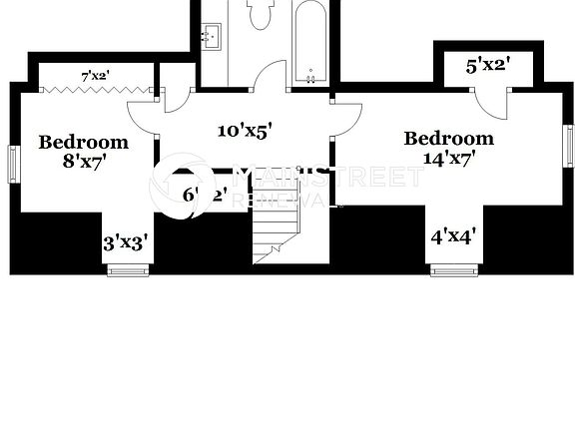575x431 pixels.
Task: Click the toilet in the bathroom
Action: pos(262,12)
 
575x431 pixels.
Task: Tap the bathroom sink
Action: pos(212,38)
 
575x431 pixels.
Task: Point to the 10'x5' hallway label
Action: pos(245,129)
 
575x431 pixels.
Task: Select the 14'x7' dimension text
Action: pos(448,158)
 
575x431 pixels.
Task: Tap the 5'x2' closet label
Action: pos(488,66)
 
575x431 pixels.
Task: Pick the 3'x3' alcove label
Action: pos(127,242)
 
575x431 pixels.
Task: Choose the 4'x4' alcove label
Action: pos(452,237)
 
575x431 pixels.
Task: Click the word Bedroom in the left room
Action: pos(83,143)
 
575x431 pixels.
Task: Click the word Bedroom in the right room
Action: pos(448,138)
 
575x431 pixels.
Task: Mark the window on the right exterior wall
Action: pos(568,141)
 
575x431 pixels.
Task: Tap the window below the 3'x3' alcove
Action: pos(128,267)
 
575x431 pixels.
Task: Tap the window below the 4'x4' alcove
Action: pos(454,267)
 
